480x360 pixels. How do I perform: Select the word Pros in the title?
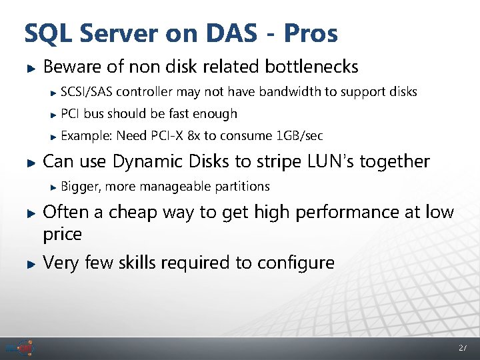click(311, 33)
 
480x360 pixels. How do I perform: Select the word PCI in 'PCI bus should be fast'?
click(70, 114)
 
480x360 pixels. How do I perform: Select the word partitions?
click(242, 186)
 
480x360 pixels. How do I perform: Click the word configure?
click(293, 263)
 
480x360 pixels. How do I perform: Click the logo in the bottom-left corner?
click(20, 348)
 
